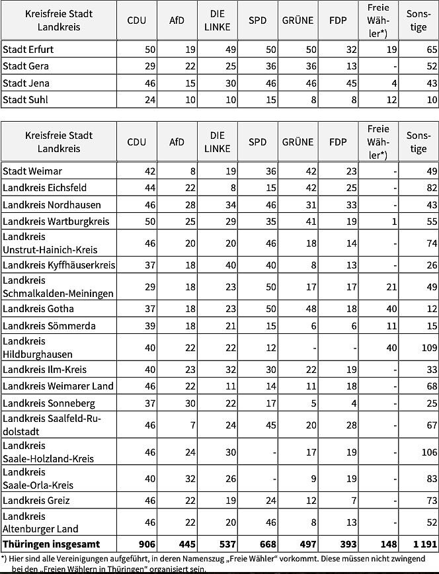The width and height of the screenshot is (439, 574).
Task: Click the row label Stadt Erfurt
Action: (28, 50)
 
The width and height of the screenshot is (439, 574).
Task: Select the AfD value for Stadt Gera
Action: (189, 66)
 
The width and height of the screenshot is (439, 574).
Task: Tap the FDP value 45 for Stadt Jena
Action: (350, 83)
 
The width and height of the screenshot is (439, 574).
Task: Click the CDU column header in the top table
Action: (137, 20)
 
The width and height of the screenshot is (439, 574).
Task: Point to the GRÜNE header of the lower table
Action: (298, 142)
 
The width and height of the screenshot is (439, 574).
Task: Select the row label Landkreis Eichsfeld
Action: (45, 188)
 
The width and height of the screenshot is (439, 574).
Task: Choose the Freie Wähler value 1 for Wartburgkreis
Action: (394, 222)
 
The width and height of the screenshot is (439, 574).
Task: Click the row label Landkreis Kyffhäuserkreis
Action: (59, 265)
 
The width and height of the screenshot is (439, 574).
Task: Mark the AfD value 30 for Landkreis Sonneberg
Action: (189, 403)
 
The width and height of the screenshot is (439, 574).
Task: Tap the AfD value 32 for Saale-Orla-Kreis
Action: (189, 479)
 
